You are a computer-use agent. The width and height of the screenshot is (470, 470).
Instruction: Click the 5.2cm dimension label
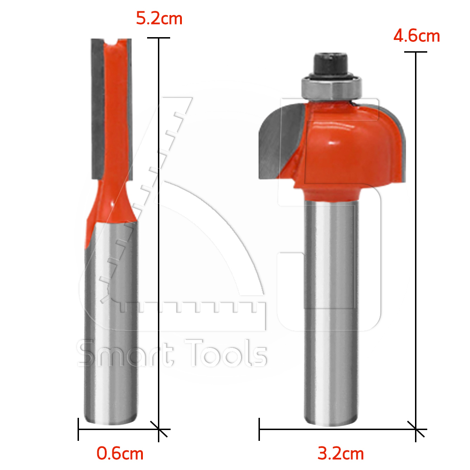159,19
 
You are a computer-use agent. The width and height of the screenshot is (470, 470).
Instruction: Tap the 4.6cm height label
416,36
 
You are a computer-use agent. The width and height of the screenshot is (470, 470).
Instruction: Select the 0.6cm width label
120,453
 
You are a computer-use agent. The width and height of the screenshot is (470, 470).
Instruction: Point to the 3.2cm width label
340,453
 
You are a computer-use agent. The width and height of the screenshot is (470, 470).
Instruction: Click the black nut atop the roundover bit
331,65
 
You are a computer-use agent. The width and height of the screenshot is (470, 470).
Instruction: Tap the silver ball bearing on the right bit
331,88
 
